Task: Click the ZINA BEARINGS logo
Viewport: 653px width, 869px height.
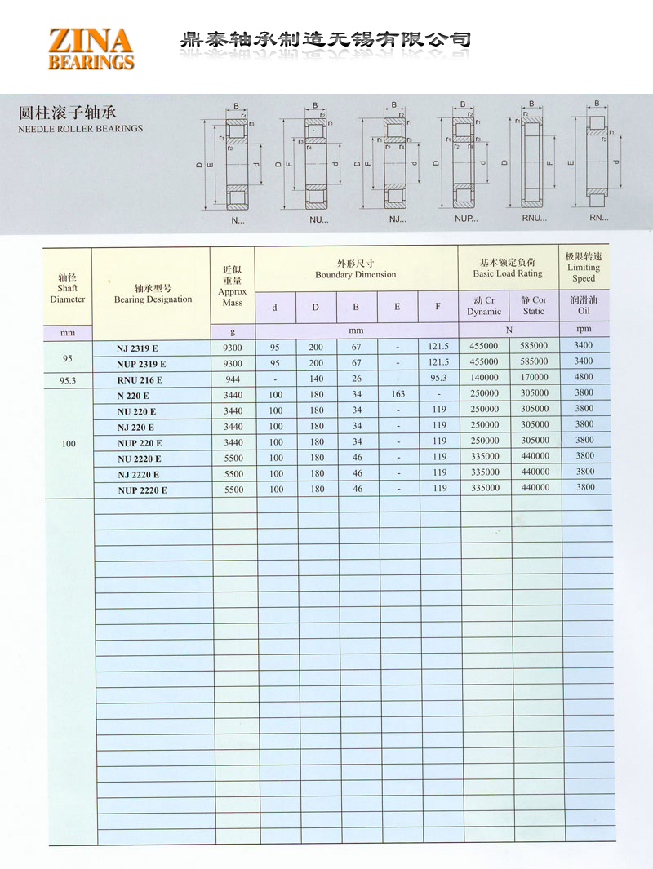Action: [x=91, y=48]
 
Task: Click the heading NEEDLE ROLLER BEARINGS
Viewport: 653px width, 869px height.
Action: [x=80, y=128]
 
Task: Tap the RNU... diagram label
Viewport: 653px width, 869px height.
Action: [x=534, y=219]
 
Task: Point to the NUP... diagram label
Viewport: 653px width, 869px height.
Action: [x=466, y=219]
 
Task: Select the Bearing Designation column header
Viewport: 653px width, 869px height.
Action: [x=153, y=294]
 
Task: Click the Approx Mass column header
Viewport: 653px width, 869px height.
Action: [x=232, y=286]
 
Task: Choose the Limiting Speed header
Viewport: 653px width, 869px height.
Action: [x=583, y=268]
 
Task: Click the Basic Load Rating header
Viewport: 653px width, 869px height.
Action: [x=507, y=268]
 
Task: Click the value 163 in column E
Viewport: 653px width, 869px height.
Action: [x=398, y=394]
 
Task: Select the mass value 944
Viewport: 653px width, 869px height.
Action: [x=232, y=379]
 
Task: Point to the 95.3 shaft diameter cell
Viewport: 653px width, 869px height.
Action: [x=68, y=379]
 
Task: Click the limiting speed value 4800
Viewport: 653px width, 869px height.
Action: [x=584, y=378]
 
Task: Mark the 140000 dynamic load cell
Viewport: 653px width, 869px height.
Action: [x=484, y=378]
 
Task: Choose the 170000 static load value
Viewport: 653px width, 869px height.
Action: [x=535, y=378]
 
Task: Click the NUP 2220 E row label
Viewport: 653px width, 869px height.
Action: [x=142, y=490]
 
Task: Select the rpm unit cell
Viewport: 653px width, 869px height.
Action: [x=583, y=329]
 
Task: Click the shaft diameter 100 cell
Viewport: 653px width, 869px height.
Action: [x=68, y=443]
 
